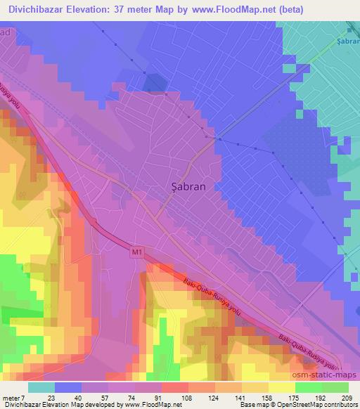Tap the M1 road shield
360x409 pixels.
pos(136,249)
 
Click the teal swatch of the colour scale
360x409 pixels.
pos(41,387)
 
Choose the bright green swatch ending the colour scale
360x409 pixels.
pos(335,387)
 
